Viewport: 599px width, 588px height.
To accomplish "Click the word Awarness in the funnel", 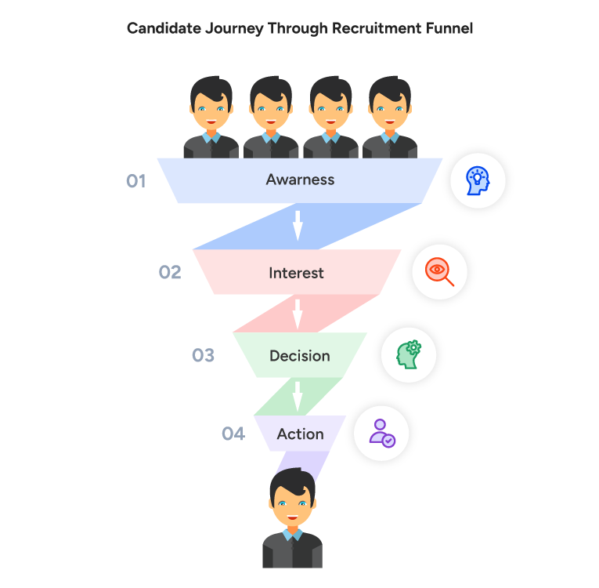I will pos(300,180).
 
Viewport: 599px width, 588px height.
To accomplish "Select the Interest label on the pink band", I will pos(296,273).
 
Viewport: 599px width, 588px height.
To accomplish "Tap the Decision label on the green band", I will pos(299,356).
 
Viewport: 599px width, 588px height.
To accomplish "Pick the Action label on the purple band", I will pos(300,434).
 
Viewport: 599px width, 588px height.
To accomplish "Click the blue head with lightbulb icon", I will pos(477,180).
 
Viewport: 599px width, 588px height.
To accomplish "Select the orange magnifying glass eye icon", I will pos(439,272).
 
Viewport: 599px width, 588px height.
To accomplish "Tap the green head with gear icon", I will pos(408,354).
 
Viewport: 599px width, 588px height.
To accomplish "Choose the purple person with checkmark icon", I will pos(381,433).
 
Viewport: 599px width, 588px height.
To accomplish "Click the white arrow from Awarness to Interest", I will pos(298,225).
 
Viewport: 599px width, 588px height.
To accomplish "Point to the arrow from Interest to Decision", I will pos(298,314).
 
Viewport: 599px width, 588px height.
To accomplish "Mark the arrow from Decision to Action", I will pos(298,396).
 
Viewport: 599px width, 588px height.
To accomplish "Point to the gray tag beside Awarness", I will pos(138,181).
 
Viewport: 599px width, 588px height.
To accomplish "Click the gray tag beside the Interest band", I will pos(173,276).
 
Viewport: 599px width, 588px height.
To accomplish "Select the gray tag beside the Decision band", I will pos(204,356).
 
